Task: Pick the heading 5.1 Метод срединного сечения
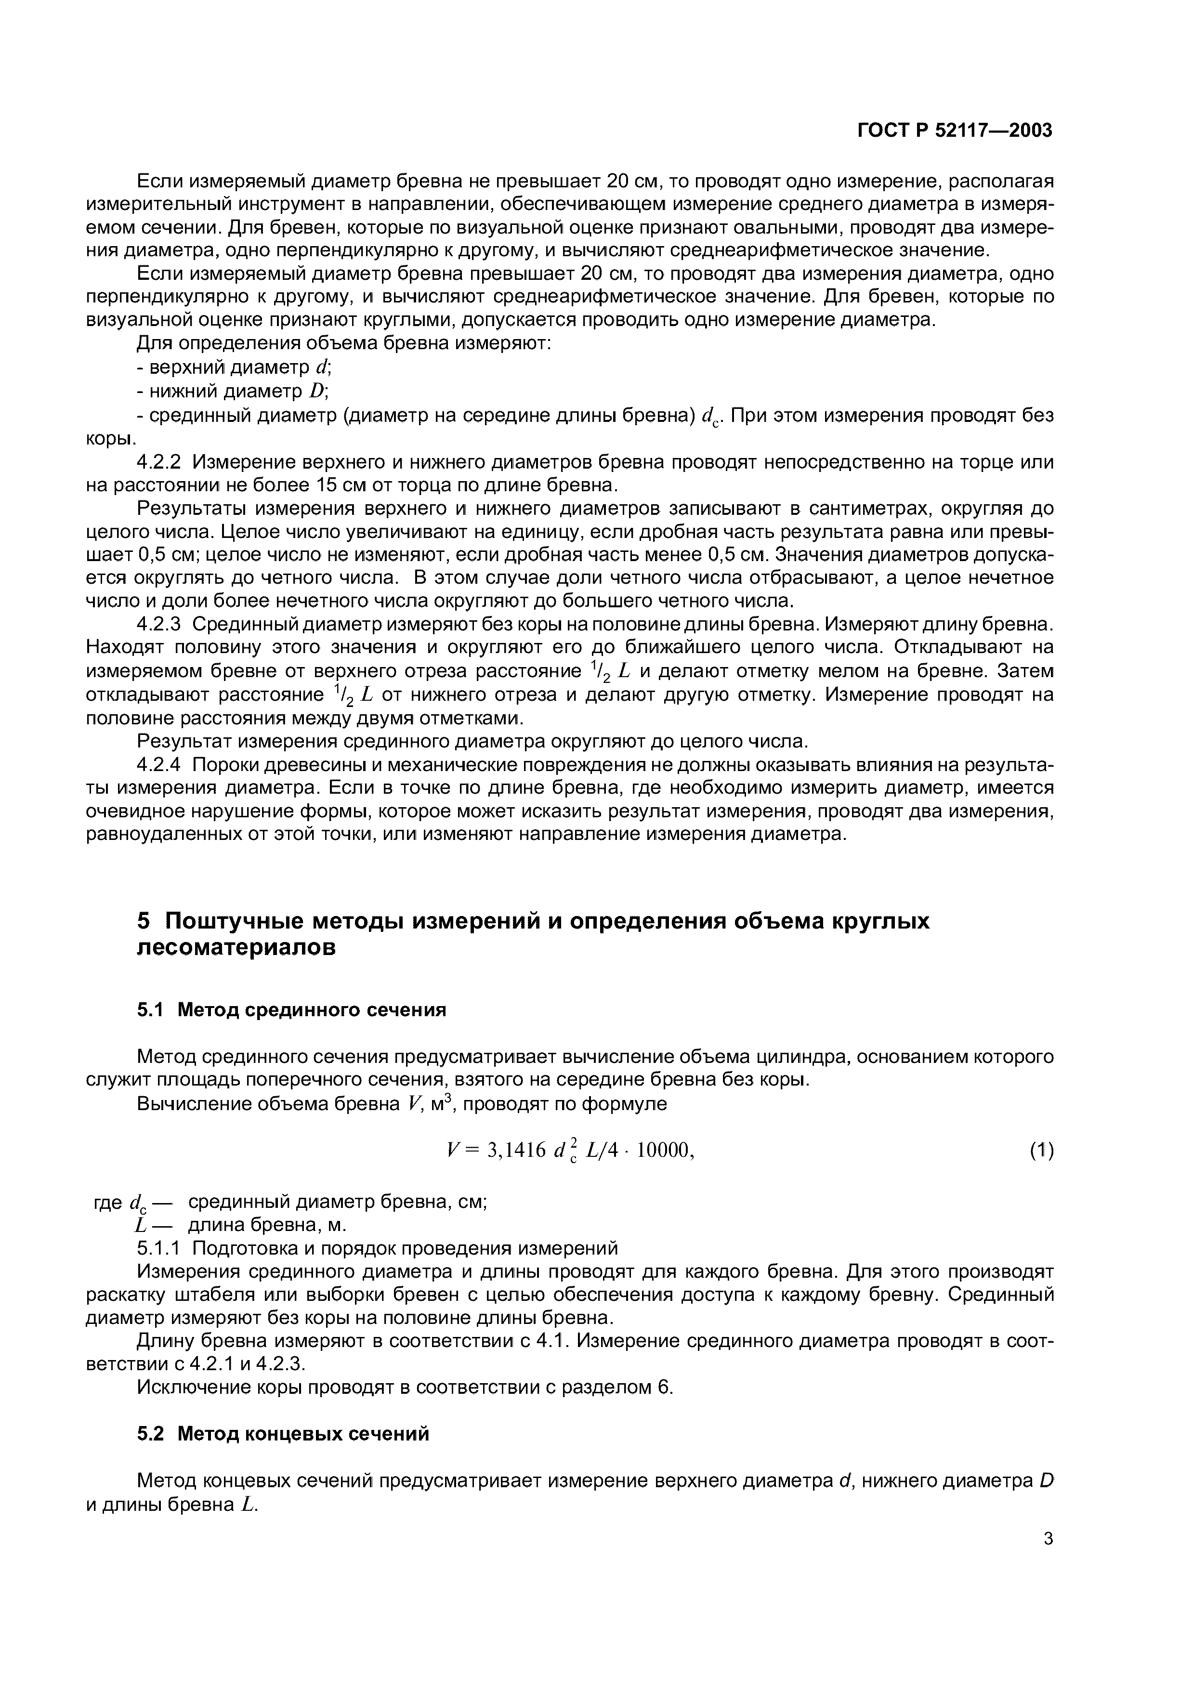292,1010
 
